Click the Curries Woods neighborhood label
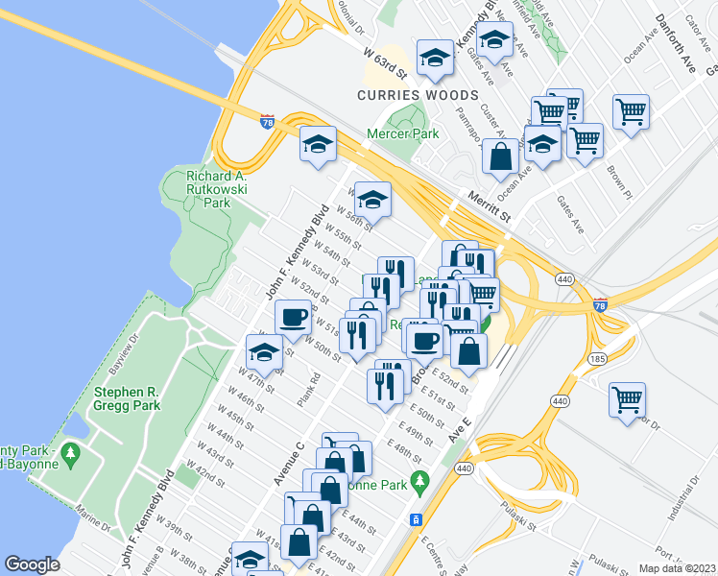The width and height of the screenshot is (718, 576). pos(418,95)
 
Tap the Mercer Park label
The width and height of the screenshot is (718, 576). pos(403,133)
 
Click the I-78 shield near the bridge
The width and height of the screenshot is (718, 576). pos(268,120)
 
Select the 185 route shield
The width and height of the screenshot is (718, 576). pos(597,358)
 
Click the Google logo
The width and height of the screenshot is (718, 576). pos(33,564)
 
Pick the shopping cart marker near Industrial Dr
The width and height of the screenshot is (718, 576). pos(627,397)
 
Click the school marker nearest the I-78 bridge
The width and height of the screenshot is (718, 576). pos(318,145)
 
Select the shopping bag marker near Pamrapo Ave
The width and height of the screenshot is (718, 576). pos(500,156)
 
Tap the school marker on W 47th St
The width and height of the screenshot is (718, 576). pos(264,351)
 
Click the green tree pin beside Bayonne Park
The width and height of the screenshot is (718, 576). pos(417,479)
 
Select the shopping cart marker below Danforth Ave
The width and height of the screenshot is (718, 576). pos(631,110)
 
